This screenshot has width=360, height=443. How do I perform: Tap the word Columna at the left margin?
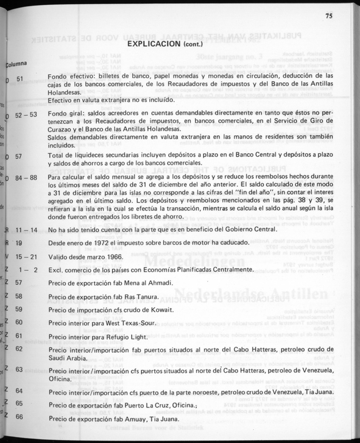[16, 64]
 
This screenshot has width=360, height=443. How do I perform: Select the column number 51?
[20, 79]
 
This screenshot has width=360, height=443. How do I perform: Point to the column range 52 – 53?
[26, 114]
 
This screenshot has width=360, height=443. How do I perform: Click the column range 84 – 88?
[26, 178]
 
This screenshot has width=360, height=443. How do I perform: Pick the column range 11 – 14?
[26, 230]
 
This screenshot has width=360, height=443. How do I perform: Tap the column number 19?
[19, 243]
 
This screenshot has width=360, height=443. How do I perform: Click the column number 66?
[19, 417]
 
